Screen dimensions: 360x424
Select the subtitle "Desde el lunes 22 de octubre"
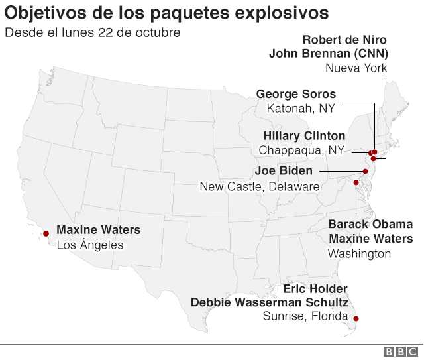pyautogui.click(x=92, y=32)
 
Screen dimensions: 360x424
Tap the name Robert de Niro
pyautogui.click(x=344, y=40)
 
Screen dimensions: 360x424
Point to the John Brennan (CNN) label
pyautogui.click(x=328, y=54)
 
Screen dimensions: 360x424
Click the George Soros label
pyautogui.click(x=295, y=94)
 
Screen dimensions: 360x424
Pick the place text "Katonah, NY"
pyautogui.click(x=300, y=108)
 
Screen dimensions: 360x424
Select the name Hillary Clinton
pyautogui.click(x=303, y=136)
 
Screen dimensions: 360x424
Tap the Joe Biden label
pyautogui.click(x=283, y=172)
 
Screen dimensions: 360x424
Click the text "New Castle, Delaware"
pyautogui.click(x=259, y=186)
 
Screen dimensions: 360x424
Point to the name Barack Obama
pyautogui.click(x=370, y=224)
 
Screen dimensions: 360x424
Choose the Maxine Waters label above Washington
pyautogui.click(x=370, y=239)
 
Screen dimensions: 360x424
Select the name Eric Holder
pyautogui.click(x=315, y=289)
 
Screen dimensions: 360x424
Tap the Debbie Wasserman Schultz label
pyautogui.click(x=270, y=302)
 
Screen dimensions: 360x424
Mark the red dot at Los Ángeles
pyautogui.click(x=46, y=233)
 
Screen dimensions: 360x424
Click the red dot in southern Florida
pyautogui.click(x=356, y=319)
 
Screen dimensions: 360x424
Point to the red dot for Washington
pyautogui.click(x=356, y=182)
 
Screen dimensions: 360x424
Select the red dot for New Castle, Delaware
pyautogui.click(x=365, y=171)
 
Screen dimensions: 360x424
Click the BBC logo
pyautogui.click(x=400, y=352)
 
